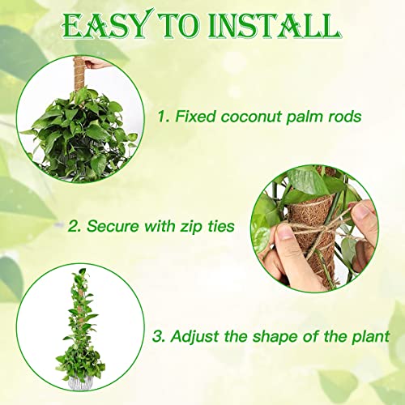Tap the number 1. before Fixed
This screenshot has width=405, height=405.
click(164, 117)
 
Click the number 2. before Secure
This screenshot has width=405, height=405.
click(75, 226)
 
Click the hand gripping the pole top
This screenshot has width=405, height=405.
click(95, 64)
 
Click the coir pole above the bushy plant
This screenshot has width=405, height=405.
click(79, 75)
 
